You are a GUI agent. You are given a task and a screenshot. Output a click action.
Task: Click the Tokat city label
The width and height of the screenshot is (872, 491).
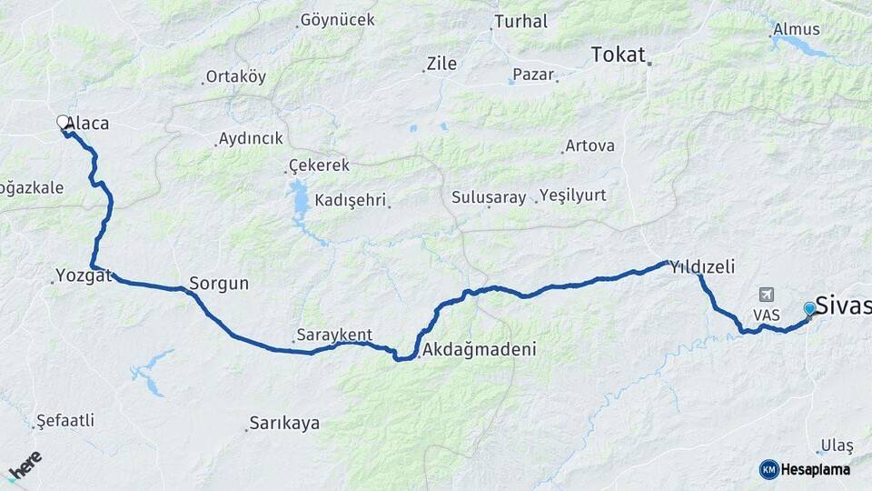point(618,55)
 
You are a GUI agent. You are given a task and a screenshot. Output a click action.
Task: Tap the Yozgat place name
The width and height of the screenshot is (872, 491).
point(84,275)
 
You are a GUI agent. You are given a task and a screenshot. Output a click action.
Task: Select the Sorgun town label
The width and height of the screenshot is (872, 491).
point(219,284)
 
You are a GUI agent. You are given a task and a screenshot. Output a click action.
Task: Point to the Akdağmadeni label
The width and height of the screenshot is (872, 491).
point(480,349)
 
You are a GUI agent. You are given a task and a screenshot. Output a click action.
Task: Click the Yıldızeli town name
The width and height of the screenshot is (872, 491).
point(701,266)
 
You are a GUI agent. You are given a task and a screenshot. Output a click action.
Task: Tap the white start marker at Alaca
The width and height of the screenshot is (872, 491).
point(63,122)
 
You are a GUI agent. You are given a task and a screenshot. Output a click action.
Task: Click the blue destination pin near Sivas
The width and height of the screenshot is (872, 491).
point(809,309)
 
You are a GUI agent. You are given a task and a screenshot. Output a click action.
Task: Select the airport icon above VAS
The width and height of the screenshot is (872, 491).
point(767,296)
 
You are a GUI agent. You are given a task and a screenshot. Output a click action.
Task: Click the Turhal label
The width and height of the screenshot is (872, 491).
point(520,21)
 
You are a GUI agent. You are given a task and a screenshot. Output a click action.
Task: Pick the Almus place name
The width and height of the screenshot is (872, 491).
point(796,29)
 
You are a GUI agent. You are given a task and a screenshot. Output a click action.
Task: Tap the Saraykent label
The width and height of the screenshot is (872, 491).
point(335,335)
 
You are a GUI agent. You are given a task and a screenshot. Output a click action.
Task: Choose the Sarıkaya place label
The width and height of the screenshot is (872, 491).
point(285,423)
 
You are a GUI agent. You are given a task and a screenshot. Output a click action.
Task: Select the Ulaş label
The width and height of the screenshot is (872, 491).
point(837,446)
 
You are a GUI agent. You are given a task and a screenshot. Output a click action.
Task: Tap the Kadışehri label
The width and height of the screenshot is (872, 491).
point(351,200)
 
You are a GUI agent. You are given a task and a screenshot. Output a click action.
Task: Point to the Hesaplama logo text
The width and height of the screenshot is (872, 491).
point(815,469)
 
